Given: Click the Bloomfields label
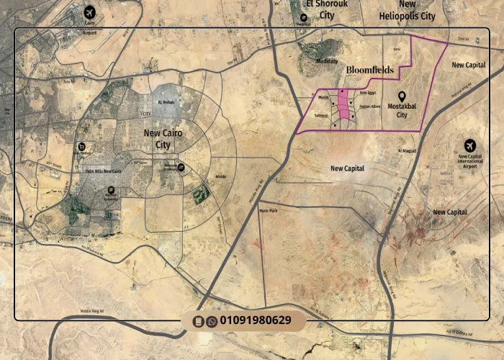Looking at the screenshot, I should pyautogui.click(x=370, y=70).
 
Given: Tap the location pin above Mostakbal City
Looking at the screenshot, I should pyautogui.click(x=402, y=96).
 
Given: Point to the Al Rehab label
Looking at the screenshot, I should pyautogui.click(x=164, y=103).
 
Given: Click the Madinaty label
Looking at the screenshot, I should pyautogui.click(x=327, y=61).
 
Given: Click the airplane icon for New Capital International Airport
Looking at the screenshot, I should pyautogui.click(x=470, y=145).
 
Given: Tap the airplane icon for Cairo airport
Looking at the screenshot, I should pyautogui.click(x=89, y=12).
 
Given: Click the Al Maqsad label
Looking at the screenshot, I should pyautogui.click(x=407, y=150).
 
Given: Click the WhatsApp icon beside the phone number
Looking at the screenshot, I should pyautogui.click(x=212, y=321).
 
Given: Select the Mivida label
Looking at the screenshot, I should pyautogui.click(x=221, y=176).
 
